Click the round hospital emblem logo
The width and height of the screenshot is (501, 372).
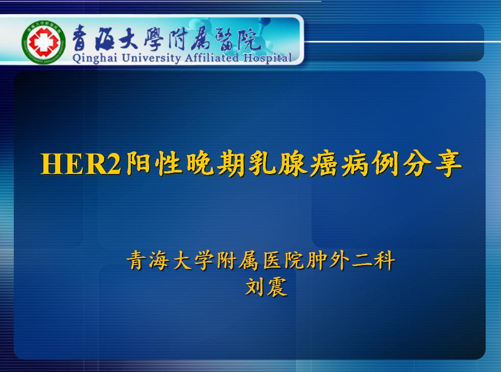pyautogui.click(x=43, y=42)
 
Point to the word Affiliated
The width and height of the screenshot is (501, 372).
pyautogui.click(x=211, y=58)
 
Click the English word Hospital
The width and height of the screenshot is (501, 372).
pyautogui.click(x=268, y=58)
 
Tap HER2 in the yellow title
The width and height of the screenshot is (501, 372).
pyautogui.click(x=81, y=164)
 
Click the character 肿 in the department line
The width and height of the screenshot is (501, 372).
pyautogui.click(x=317, y=260)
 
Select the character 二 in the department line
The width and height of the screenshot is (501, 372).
pyautogui.click(x=362, y=261)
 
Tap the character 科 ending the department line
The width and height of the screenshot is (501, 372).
pyautogui.click(x=385, y=260)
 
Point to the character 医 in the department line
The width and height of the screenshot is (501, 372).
pyautogui.click(x=272, y=260)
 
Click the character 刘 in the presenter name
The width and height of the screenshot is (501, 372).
pyautogui.click(x=255, y=286)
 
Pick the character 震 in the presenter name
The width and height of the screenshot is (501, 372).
pyautogui.click(x=277, y=286)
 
